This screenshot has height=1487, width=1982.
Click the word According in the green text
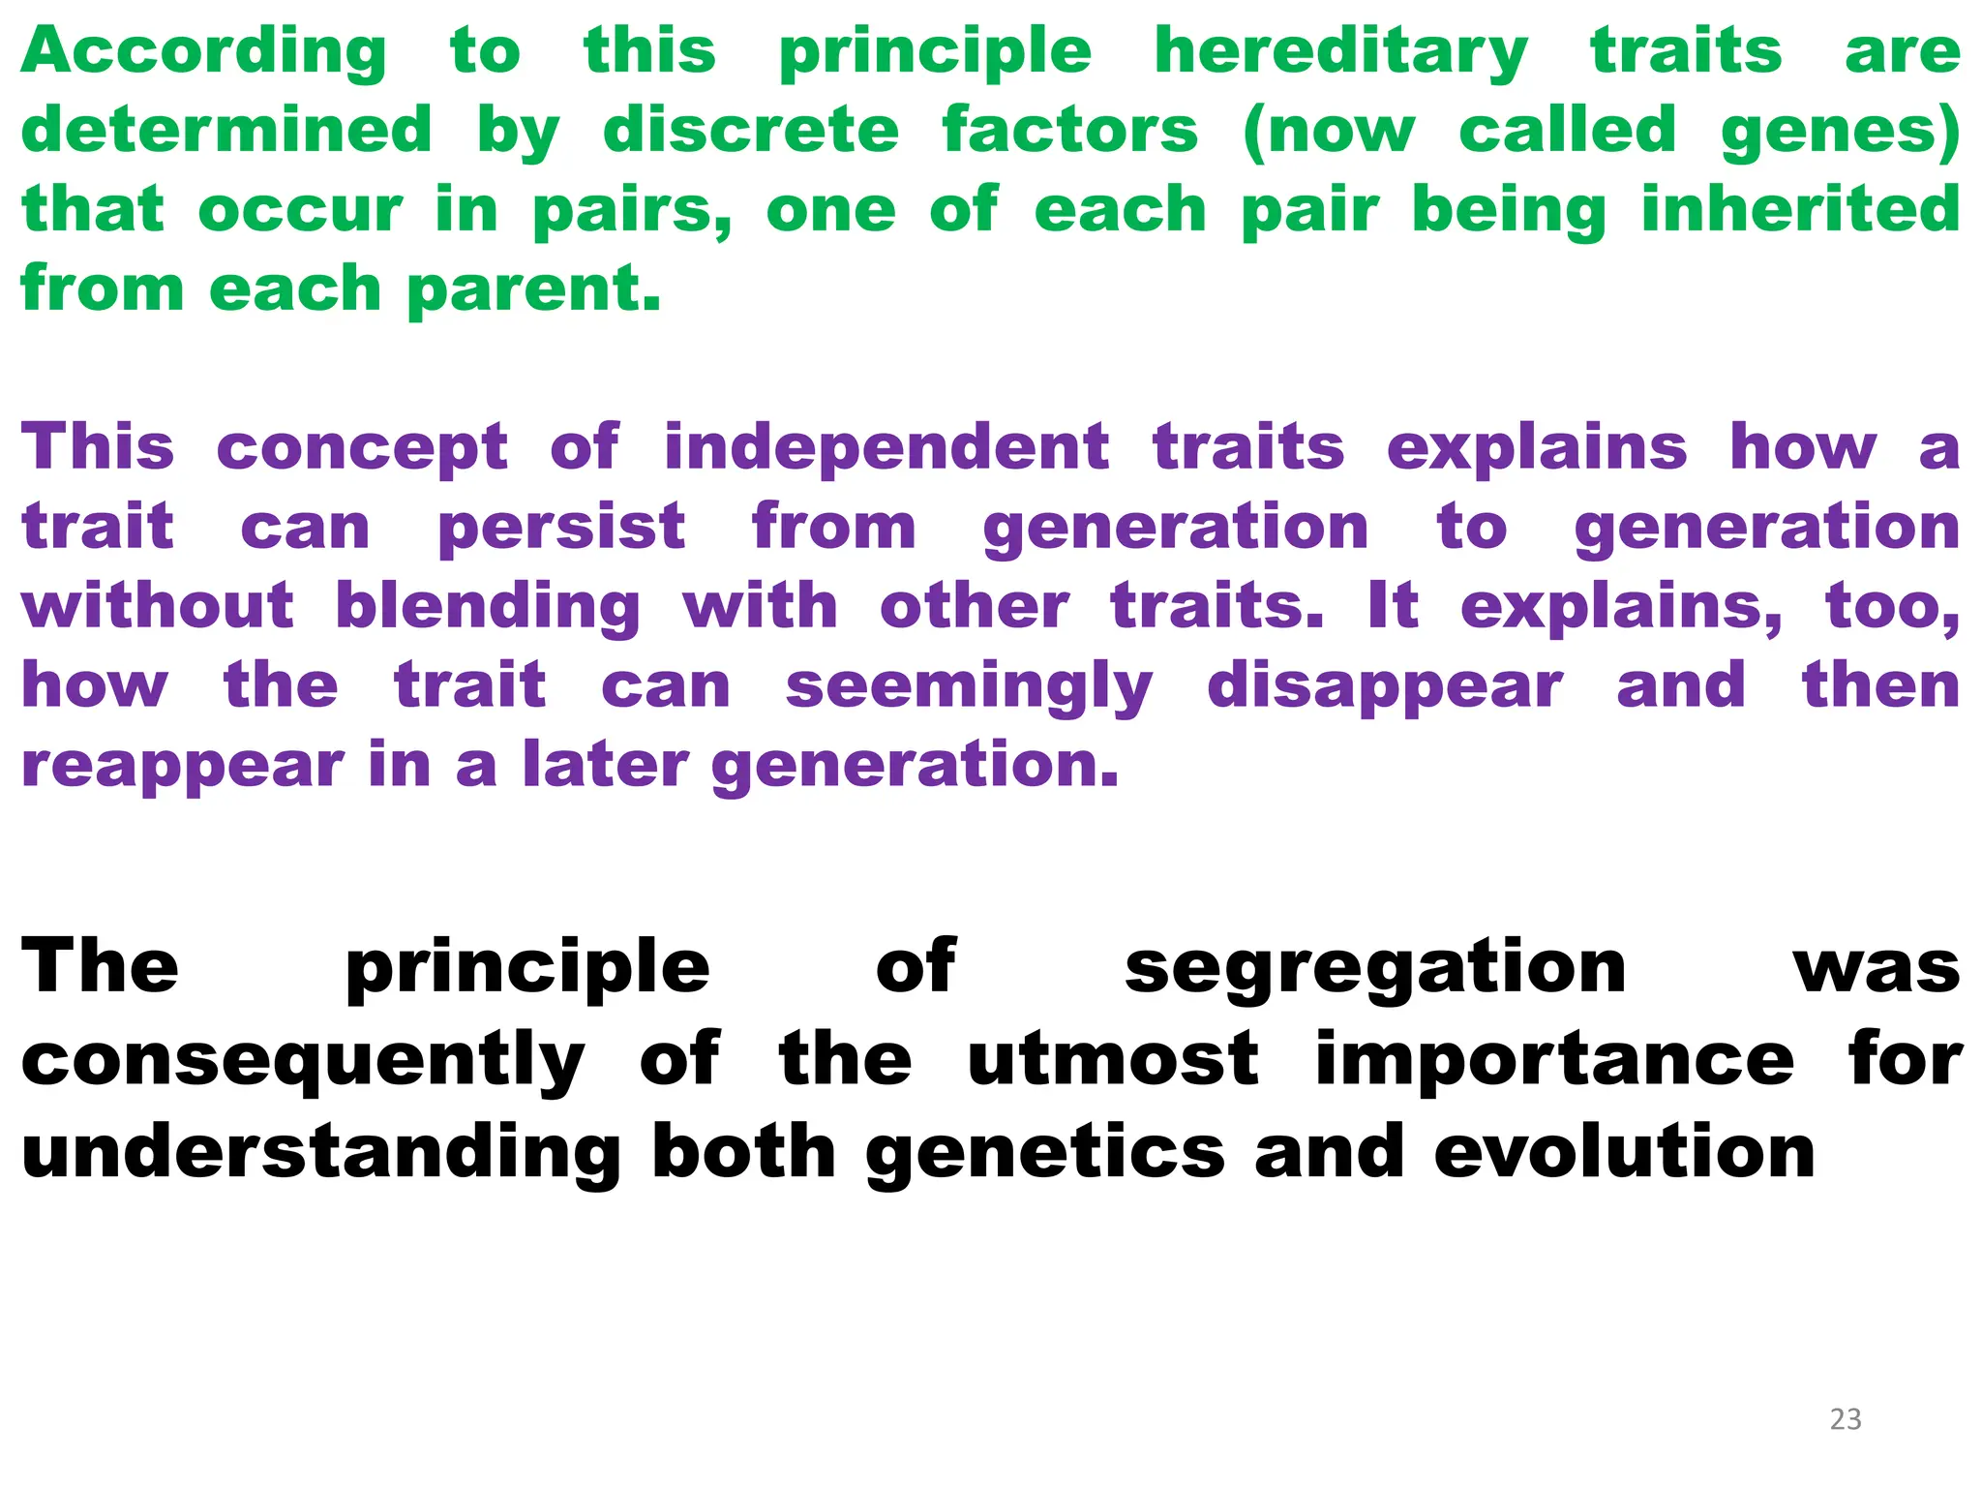(203, 52)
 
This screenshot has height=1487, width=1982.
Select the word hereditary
(1340, 52)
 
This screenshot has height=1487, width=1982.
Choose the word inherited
(1800, 209)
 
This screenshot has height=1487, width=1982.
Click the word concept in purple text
(362, 449)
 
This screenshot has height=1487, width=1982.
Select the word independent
(886, 449)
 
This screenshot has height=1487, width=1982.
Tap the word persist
(561, 529)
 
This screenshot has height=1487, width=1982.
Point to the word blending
(488, 608)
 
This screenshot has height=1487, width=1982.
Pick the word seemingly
(969, 687)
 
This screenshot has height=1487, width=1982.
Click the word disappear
(1384, 687)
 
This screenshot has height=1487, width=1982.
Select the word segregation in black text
(1375, 968)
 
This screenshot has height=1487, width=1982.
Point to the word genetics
(1045, 1154)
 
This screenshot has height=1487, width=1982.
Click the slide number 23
(1846, 1419)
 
